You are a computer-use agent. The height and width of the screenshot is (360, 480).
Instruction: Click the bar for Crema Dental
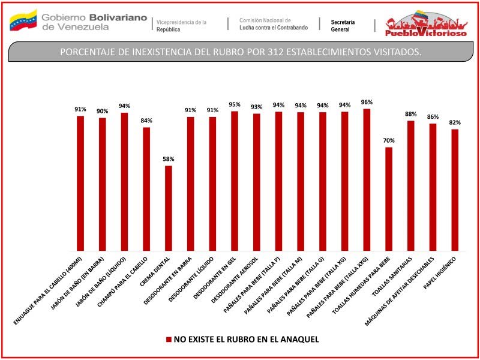click(x=169, y=208)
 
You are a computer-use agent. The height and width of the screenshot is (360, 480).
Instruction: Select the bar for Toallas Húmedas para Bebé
click(x=389, y=199)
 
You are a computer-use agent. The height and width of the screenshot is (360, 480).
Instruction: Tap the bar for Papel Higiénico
click(x=455, y=190)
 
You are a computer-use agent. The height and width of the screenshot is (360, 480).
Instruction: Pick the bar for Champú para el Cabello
click(x=146, y=189)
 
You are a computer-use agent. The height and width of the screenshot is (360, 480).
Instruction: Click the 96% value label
click(x=367, y=102)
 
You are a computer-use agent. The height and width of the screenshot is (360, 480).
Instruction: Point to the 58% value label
click(x=169, y=159)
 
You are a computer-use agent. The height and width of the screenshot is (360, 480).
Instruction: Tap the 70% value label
click(x=389, y=140)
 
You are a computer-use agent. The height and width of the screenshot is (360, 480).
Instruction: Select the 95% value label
click(x=235, y=104)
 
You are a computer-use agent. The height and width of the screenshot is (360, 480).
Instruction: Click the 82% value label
click(x=455, y=122)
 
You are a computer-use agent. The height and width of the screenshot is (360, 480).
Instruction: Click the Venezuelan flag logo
click(x=23, y=20)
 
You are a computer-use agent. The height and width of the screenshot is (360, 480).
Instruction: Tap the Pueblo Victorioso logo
click(x=427, y=25)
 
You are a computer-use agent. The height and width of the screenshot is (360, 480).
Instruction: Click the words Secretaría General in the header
click(x=343, y=25)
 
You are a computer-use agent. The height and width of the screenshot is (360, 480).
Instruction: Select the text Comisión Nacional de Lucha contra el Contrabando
click(x=273, y=24)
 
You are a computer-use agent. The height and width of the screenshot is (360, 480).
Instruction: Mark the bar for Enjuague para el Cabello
click(x=80, y=183)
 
